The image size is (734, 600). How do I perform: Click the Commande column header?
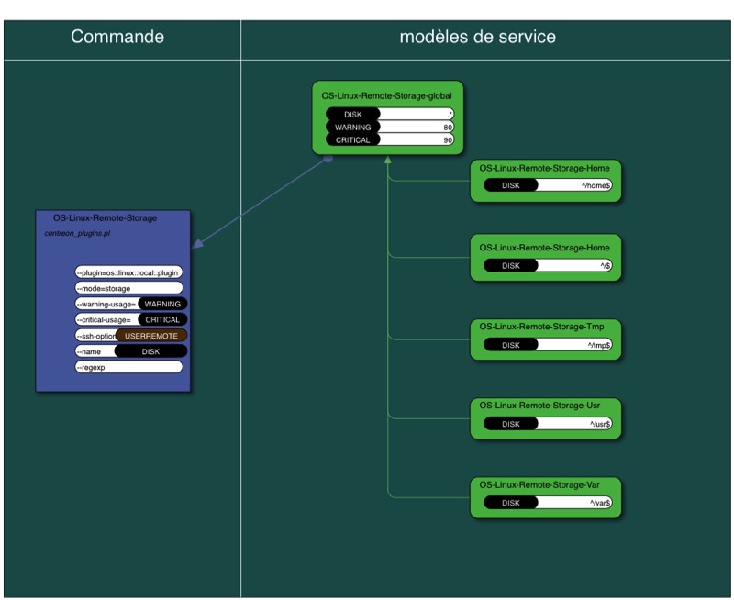117,38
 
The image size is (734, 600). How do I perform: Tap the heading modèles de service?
477,38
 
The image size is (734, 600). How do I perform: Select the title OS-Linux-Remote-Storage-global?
386,94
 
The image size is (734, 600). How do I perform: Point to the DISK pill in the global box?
353,114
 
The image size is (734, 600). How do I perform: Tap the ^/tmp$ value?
599,345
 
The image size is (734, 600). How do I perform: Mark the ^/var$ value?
600,503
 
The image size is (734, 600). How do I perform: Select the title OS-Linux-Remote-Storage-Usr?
546,406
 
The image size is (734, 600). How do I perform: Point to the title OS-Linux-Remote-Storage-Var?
546,484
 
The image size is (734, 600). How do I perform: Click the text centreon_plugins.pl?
78,234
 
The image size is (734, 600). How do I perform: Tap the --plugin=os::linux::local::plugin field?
128,272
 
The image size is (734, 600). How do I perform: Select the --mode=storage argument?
128,288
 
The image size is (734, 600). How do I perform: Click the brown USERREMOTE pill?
151,336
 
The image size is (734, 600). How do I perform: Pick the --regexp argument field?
128,367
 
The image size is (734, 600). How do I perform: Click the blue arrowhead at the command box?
195,243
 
